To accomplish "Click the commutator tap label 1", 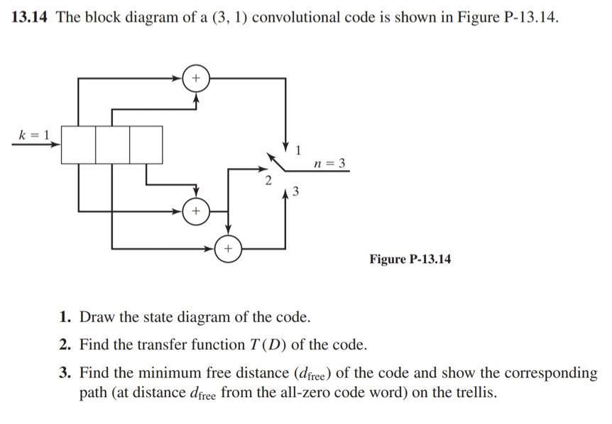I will (299, 150).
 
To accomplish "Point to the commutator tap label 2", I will (267, 182).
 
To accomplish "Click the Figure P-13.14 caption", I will (410, 259).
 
